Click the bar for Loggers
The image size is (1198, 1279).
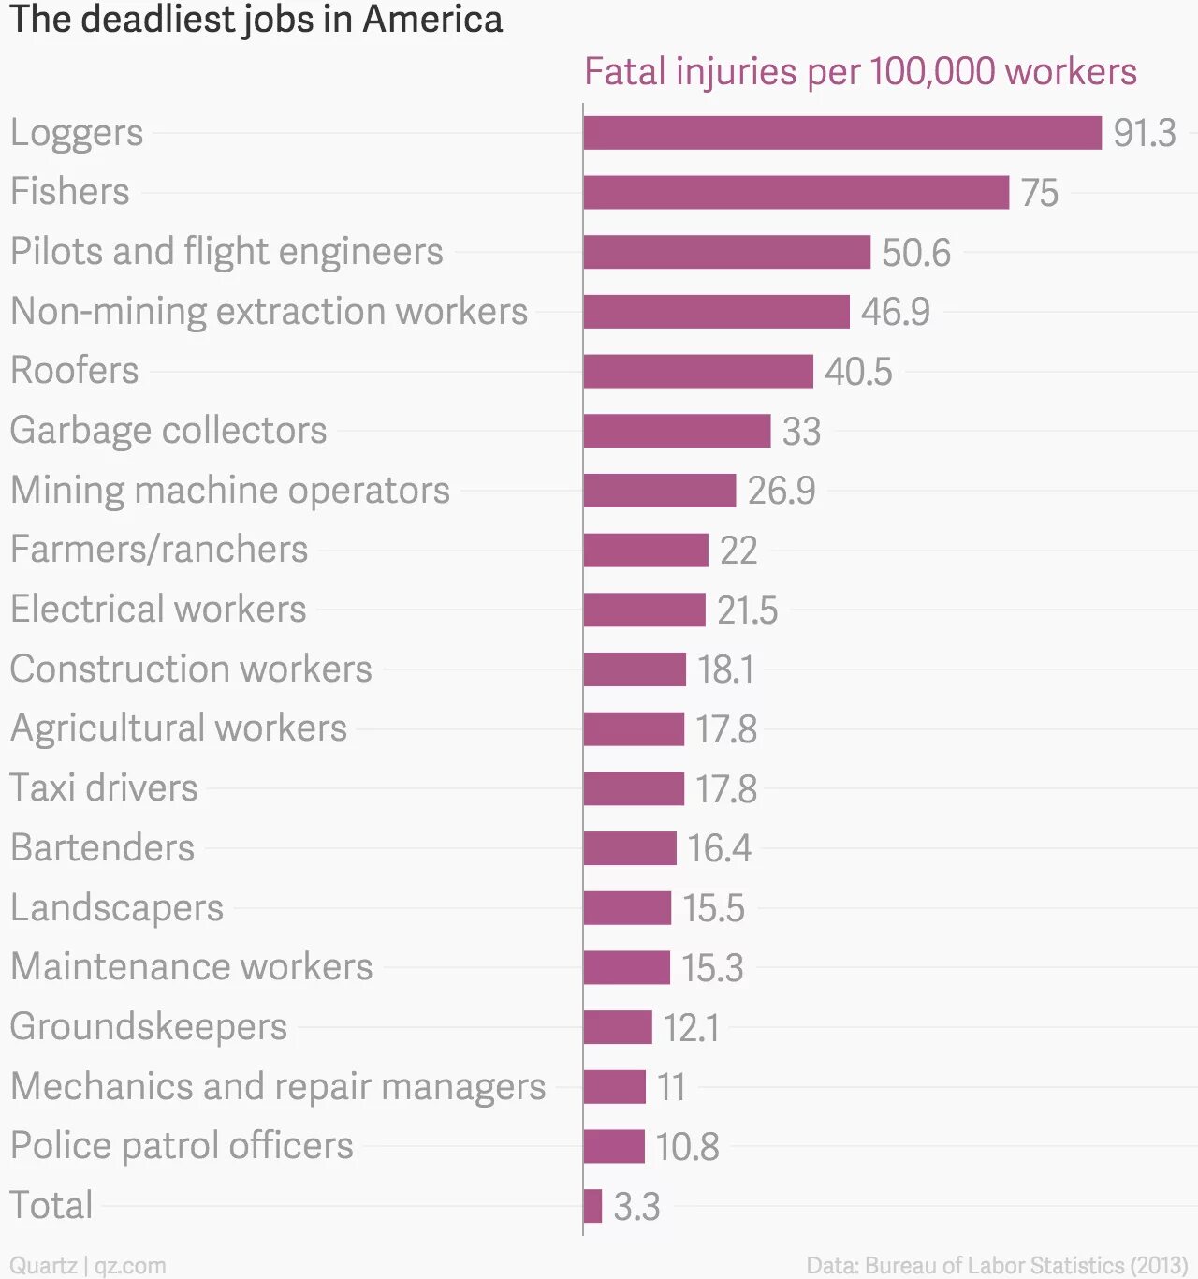[x=842, y=133]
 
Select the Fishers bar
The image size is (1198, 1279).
[x=796, y=192]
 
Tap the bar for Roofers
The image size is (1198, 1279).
[x=698, y=371]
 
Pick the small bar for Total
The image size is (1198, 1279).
[x=592, y=1206]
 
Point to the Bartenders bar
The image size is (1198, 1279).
[x=629, y=848]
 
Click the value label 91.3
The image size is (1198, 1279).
[x=1144, y=133]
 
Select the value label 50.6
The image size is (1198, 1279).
[x=915, y=252]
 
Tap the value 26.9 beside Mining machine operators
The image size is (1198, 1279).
[x=781, y=491]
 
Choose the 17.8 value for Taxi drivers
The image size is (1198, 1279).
[x=725, y=788]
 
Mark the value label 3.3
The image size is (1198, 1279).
[x=636, y=1206]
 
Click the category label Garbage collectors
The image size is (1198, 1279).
[x=168, y=431]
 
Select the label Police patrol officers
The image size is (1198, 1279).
[x=182, y=1146]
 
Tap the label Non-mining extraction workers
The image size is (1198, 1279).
[x=269, y=311]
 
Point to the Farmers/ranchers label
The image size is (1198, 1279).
[x=159, y=550]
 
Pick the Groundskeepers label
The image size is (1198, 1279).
[x=149, y=1027]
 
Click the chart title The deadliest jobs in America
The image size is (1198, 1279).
[x=256, y=20]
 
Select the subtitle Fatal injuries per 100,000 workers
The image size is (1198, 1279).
[x=860, y=72]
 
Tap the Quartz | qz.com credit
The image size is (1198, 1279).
[x=88, y=1266]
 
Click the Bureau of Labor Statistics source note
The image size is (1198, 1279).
[x=997, y=1266]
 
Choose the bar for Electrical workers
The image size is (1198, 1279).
[x=644, y=610]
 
